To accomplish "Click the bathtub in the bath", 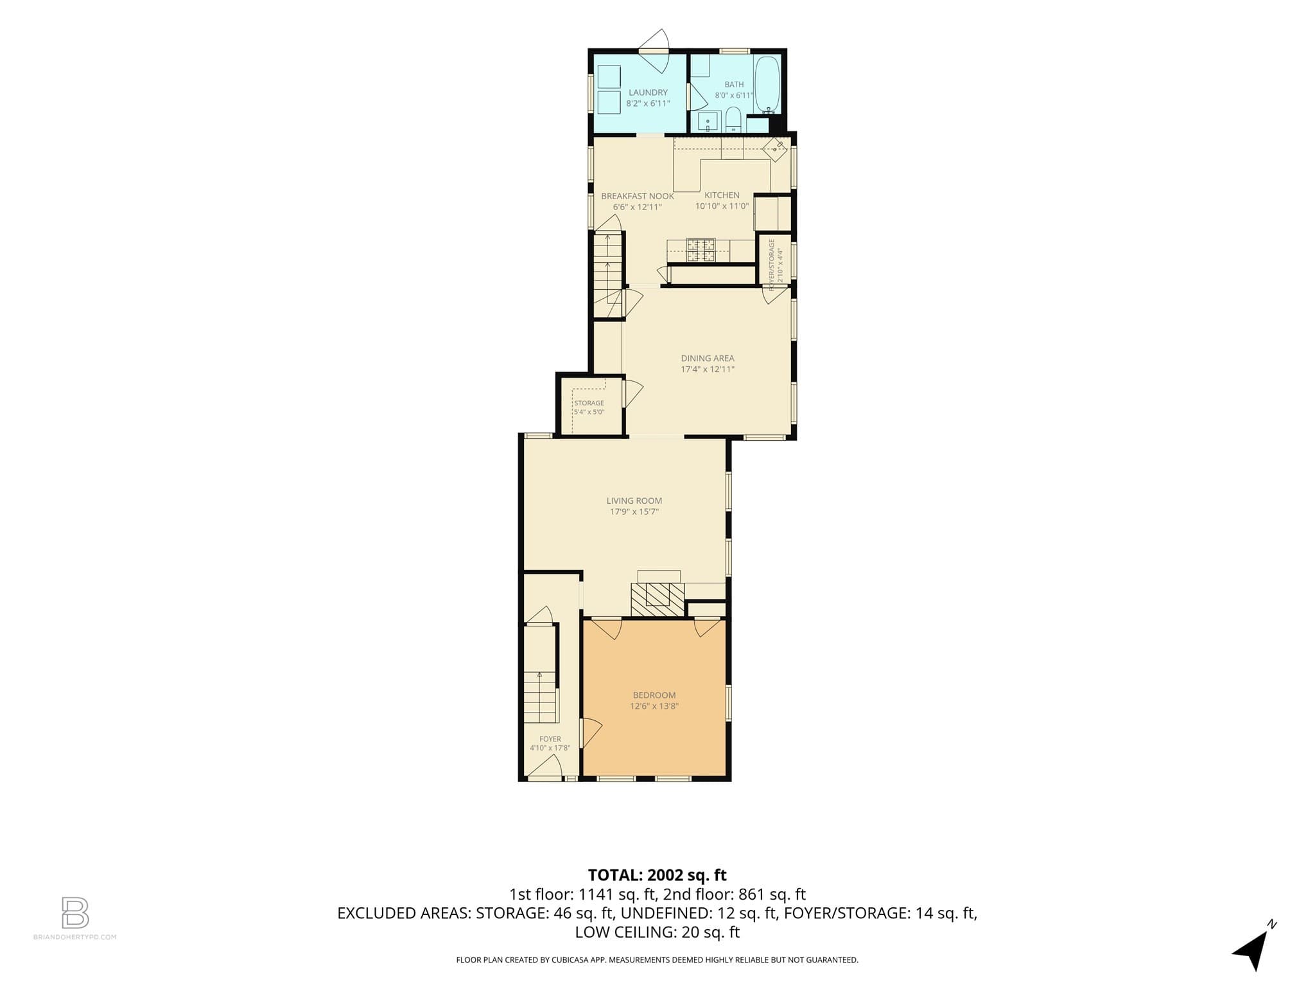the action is [x=767, y=84].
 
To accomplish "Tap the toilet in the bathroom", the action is [x=733, y=120].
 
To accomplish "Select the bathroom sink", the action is [x=708, y=121].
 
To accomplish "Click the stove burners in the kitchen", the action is [x=701, y=250].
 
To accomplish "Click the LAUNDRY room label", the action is [x=648, y=93].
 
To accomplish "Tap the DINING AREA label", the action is [x=708, y=359].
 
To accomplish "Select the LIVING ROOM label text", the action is [x=634, y=501].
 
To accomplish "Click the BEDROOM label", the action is [x=654, y=695].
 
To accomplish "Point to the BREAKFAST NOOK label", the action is [x=638, y=196].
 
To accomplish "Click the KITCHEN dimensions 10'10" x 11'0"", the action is [x=722, y=206].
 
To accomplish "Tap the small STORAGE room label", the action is [x=589, y=404].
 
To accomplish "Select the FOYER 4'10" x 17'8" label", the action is [x=550, y=743].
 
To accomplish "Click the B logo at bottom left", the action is [x=75, y=912].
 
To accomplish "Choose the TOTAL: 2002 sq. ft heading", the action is [x=657, y=875].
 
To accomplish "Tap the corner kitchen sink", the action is [x=774, y=149].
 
